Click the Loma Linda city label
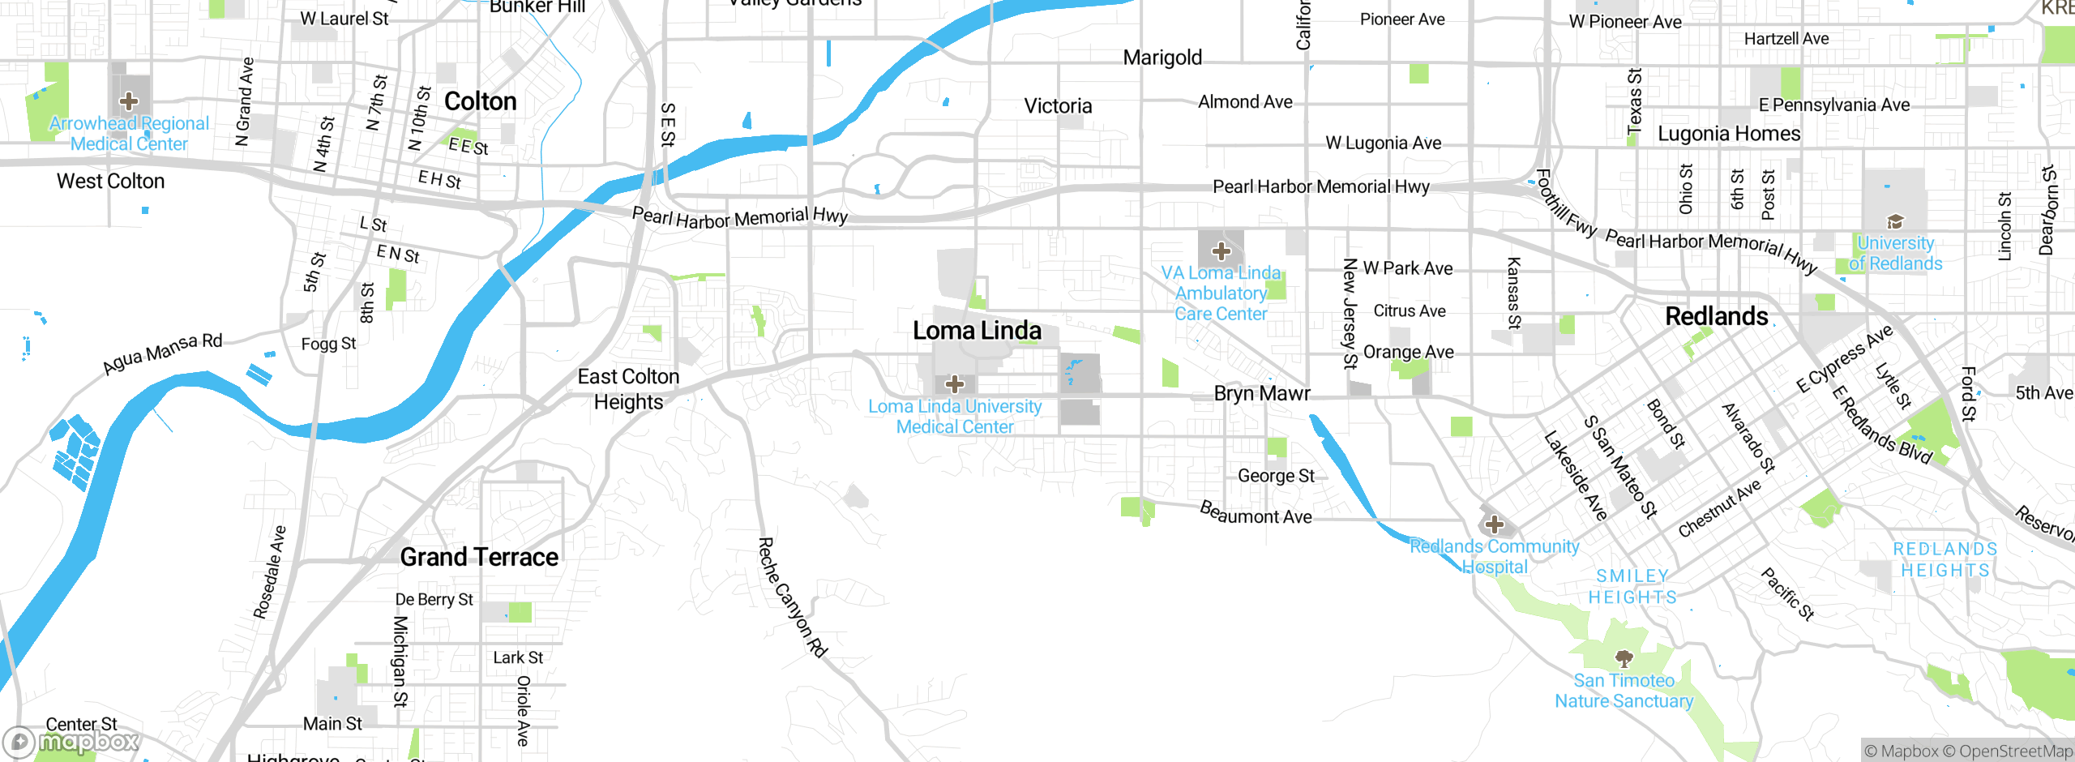[x=977, y=331]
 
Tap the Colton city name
[x=480, y=101]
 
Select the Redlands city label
[x=1716, y=316]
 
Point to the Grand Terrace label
[x=479, y=557]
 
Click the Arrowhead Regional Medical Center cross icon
[x=129, y=101]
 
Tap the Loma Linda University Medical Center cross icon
[x=955, y=383]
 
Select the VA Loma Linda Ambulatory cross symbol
[x=1221, y=251]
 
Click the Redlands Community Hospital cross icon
[x=1494, y=524]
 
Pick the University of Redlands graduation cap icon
[x=1895, y=221]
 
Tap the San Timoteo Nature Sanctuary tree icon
[x=1624, y=657]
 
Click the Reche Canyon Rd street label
[x=792, y=597]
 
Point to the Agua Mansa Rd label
[x=162, y=354]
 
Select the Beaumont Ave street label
[x=1256, y=513]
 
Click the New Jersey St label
[x=1350, y=314]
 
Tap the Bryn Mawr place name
[x=1261, y=394]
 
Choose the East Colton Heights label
[x=628, y=389]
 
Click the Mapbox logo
[x=71, y=741]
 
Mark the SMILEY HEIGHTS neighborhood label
[x=1632, y=586]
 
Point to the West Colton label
[x=110, y=181]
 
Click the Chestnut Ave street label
[x=1719, y=508]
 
